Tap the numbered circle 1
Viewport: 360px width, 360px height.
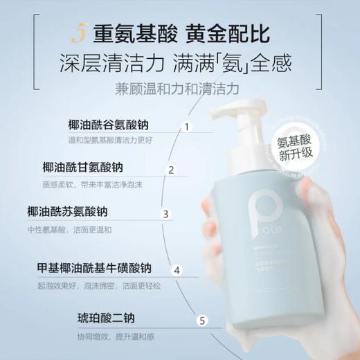pyautogui.click(x=185, y=127)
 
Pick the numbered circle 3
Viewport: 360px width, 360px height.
pyautogui.click(x=165, y=214)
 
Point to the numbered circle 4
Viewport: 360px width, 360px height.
pyautogui.click(x=177, y=270)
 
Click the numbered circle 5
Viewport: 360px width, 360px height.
pyautogui.click(x=201, y=320)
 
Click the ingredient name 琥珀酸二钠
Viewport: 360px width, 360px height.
pyautogui.click(x=106, y=319)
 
